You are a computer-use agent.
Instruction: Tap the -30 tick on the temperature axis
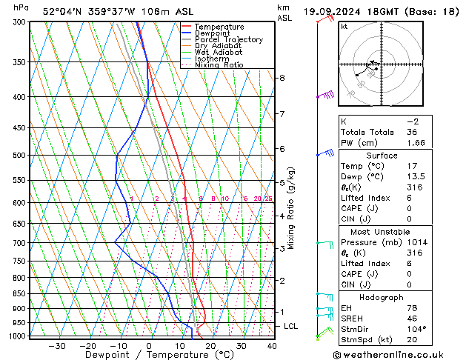[x=57, y=346]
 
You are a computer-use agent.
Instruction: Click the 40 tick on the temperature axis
[x=272, y=346]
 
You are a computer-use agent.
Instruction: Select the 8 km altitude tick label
[x=282, y=78]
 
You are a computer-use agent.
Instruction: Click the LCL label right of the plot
[x=291, y=326]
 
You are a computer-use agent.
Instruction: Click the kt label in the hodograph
[x=344, y=27]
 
